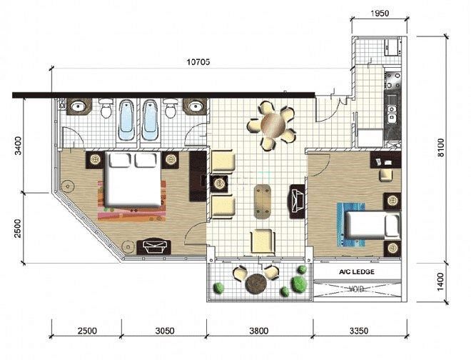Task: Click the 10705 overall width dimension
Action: click(198, 62)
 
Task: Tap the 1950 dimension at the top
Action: click(380, 14)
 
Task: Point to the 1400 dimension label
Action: click(440, 282)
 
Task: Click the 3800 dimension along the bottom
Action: click(258, 331)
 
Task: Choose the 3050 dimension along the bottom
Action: click(165, 331)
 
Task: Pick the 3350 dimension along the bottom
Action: click(359, 331)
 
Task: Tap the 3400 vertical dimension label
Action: click(19, 146)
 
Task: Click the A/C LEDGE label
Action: click(357, 272)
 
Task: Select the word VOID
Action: click(357, 289)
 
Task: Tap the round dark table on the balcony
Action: click(255, 284)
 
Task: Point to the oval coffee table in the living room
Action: click(262, 201)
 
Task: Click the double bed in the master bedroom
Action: click(133, 179)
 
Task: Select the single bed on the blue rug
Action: click(373, 224)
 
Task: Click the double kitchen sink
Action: click(392, 114)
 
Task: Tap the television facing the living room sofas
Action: click(297, 201)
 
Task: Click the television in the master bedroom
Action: click(154, 247)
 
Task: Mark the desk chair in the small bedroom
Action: click(386, 174)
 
